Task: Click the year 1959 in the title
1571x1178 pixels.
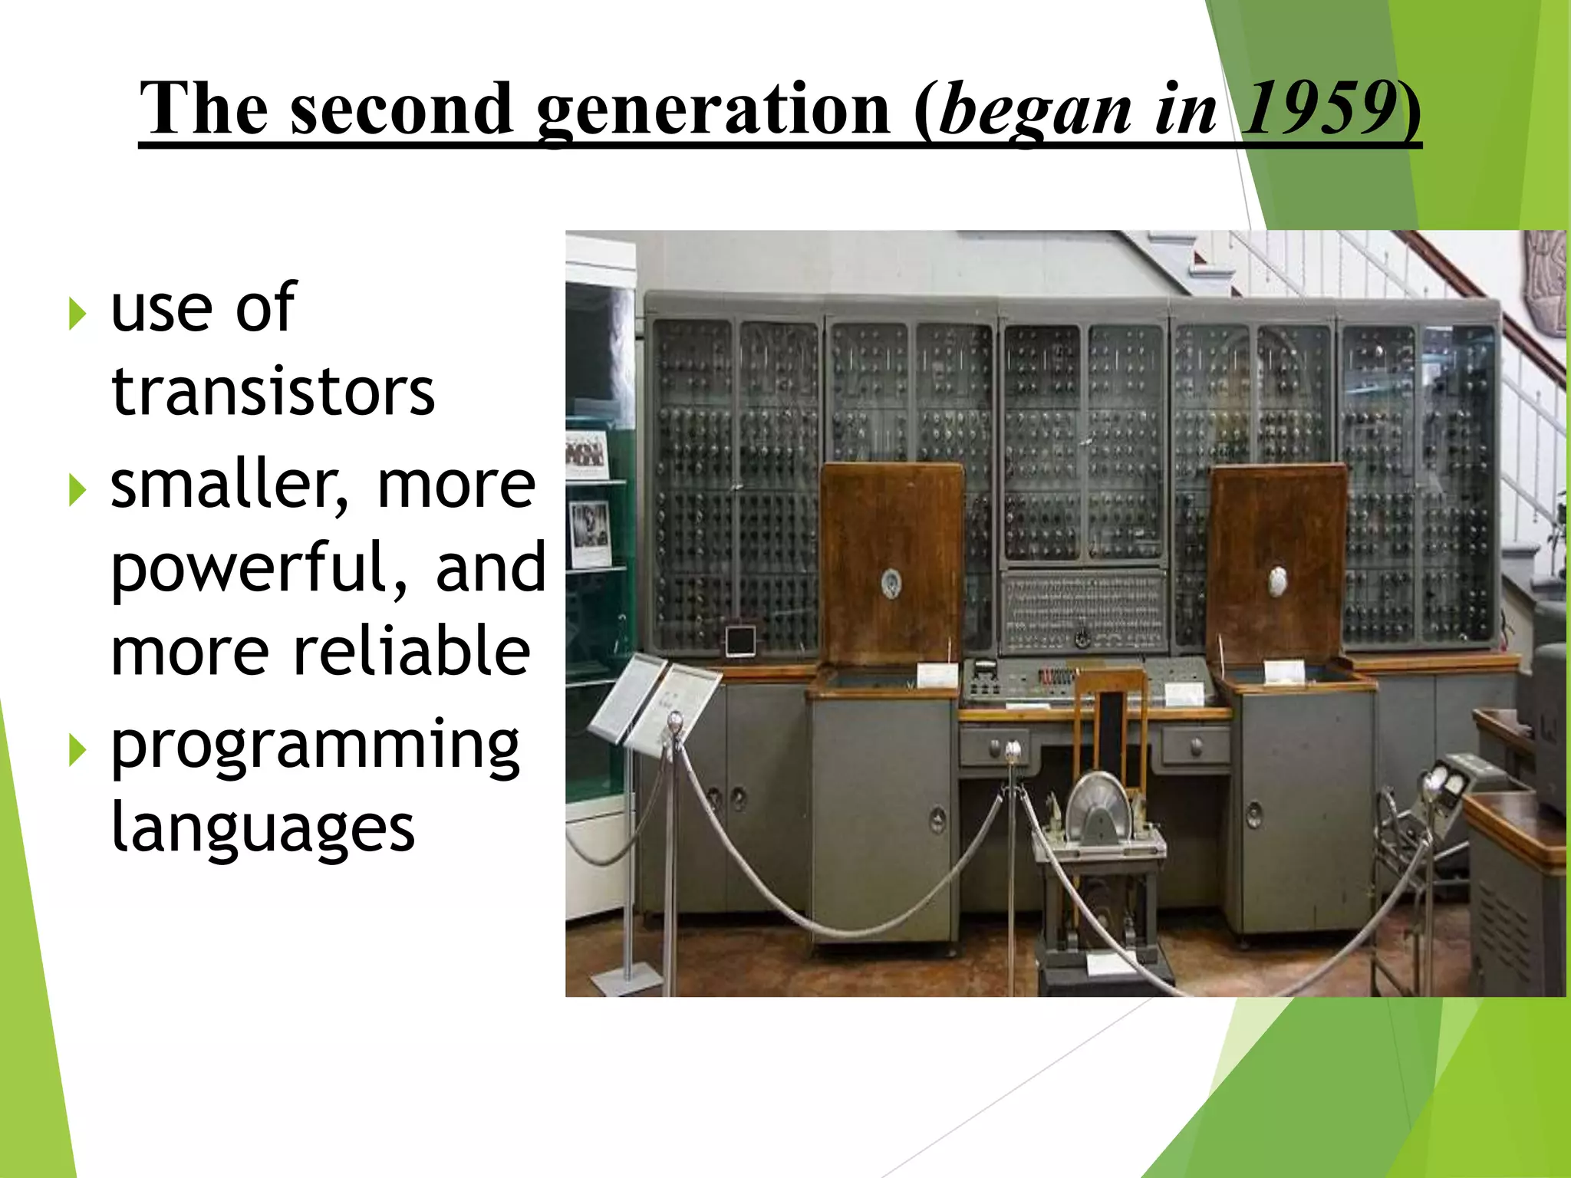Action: (1318, 109)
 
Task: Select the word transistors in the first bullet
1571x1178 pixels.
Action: (273, 392)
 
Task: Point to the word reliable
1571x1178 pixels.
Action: (412, 651)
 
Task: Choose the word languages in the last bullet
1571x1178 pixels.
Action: (262, 828)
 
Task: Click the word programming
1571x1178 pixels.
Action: (315, 745)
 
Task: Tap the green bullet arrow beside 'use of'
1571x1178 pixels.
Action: (77, 314)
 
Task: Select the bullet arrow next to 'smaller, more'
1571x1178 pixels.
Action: (77, 490)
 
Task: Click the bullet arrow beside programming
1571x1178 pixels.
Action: (77, 749)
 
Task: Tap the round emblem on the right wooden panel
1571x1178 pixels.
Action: (1277, 581)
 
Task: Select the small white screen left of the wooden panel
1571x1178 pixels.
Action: (740, 641)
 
